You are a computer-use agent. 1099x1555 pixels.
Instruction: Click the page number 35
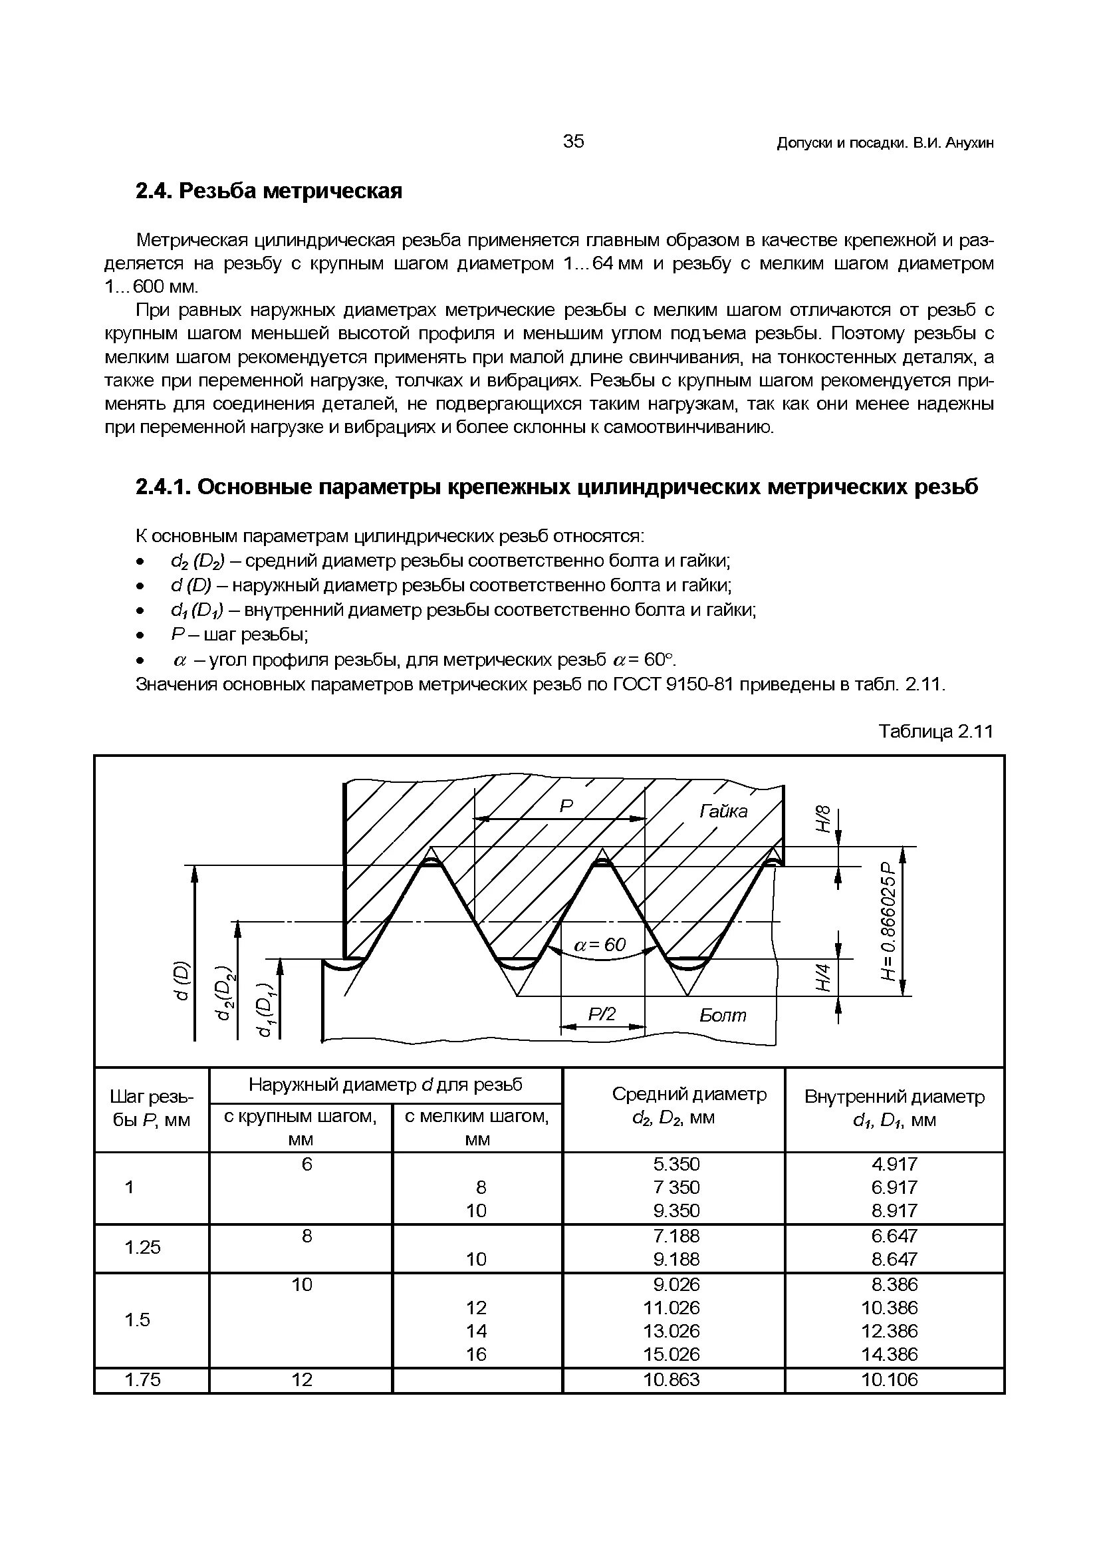click(573, 142)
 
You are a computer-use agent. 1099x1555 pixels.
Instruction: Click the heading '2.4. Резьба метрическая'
click(269, 192)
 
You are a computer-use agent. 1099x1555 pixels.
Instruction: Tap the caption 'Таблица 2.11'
click(935, 732)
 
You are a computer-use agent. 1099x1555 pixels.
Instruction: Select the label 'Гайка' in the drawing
click(723, 811)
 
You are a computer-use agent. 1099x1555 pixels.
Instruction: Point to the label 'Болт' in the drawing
click(723, 1015)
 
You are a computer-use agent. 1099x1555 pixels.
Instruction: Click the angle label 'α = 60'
click(600, 945)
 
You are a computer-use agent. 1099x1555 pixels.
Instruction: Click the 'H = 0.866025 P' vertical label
click(889, 920)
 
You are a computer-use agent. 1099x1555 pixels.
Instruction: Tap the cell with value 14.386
click(889, 1354)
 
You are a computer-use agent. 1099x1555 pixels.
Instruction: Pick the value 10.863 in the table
click(671, 1379)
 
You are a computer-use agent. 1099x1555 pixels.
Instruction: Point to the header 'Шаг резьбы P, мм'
click(151, 1109)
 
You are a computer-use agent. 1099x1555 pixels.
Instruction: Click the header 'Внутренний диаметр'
click(894, 1097)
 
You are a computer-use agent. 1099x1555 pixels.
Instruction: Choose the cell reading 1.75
click(143, 1379)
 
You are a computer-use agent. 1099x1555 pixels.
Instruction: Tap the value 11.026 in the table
click(671, 1308)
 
